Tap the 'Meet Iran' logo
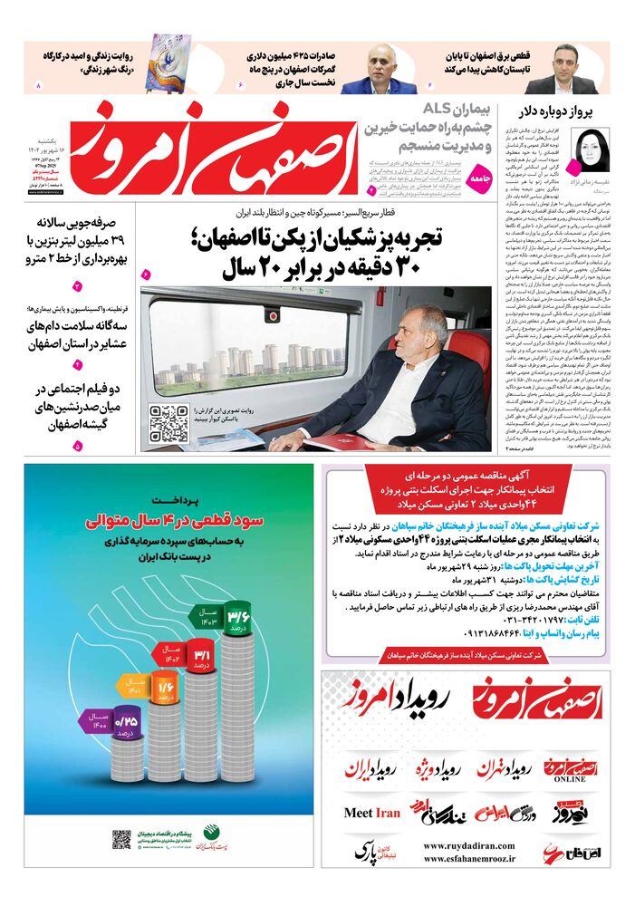pos(371,813)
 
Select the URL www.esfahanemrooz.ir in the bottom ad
pos(464,863)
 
